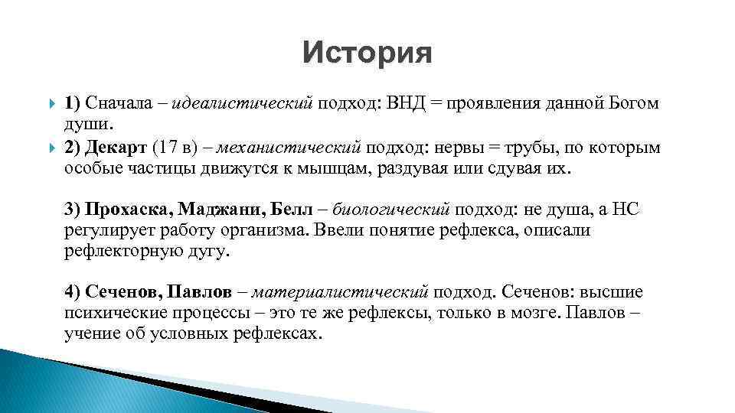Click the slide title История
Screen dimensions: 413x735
(x=367, y=53)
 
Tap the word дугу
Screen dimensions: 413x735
(x=207, y=251)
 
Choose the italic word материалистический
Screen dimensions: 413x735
(x=339, y=293)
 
